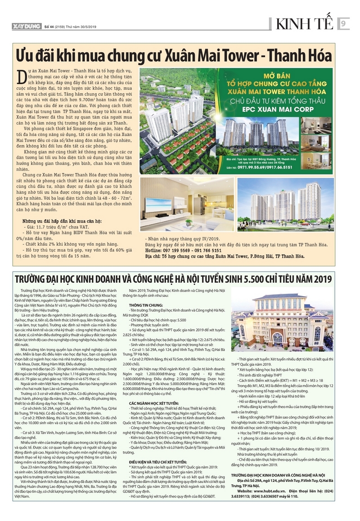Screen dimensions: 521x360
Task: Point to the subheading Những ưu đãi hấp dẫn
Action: [x=62, y=221]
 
